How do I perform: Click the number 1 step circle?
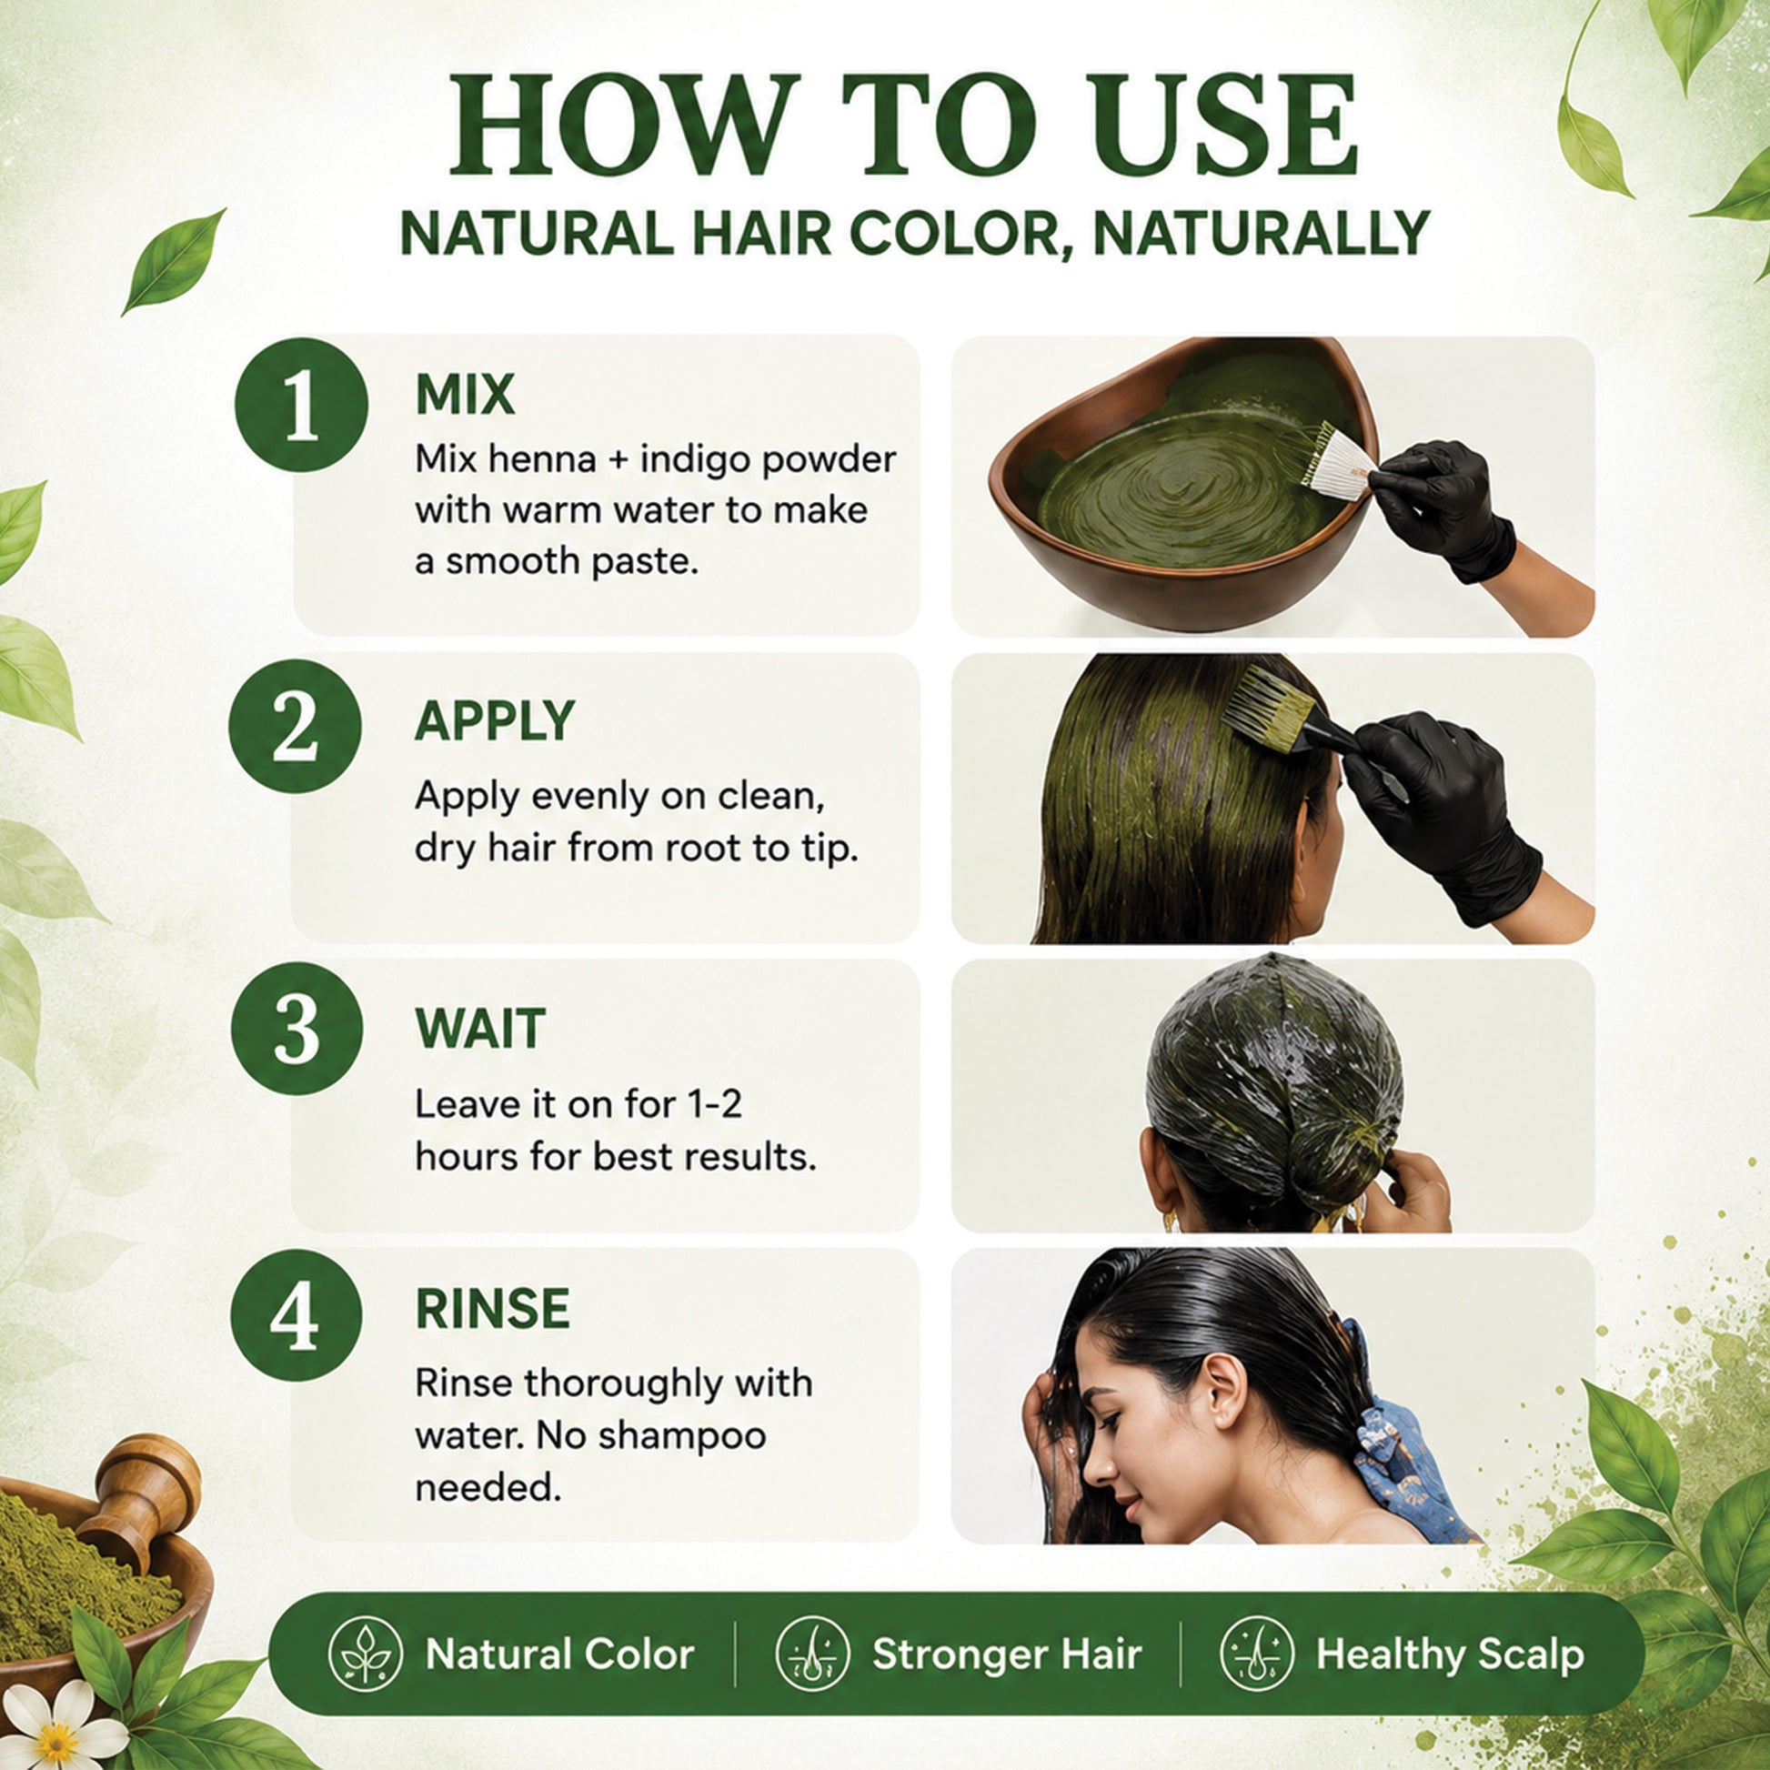301,405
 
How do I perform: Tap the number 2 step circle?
296,727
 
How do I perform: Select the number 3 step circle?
297,1029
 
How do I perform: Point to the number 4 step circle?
296,1315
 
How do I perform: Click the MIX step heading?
466,395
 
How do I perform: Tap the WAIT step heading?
480,1029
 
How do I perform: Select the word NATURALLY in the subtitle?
1262,235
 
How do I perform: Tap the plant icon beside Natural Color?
365,1654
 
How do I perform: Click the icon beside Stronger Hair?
812,1654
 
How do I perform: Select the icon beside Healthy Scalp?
1258,1654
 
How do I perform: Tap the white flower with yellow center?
56,1723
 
